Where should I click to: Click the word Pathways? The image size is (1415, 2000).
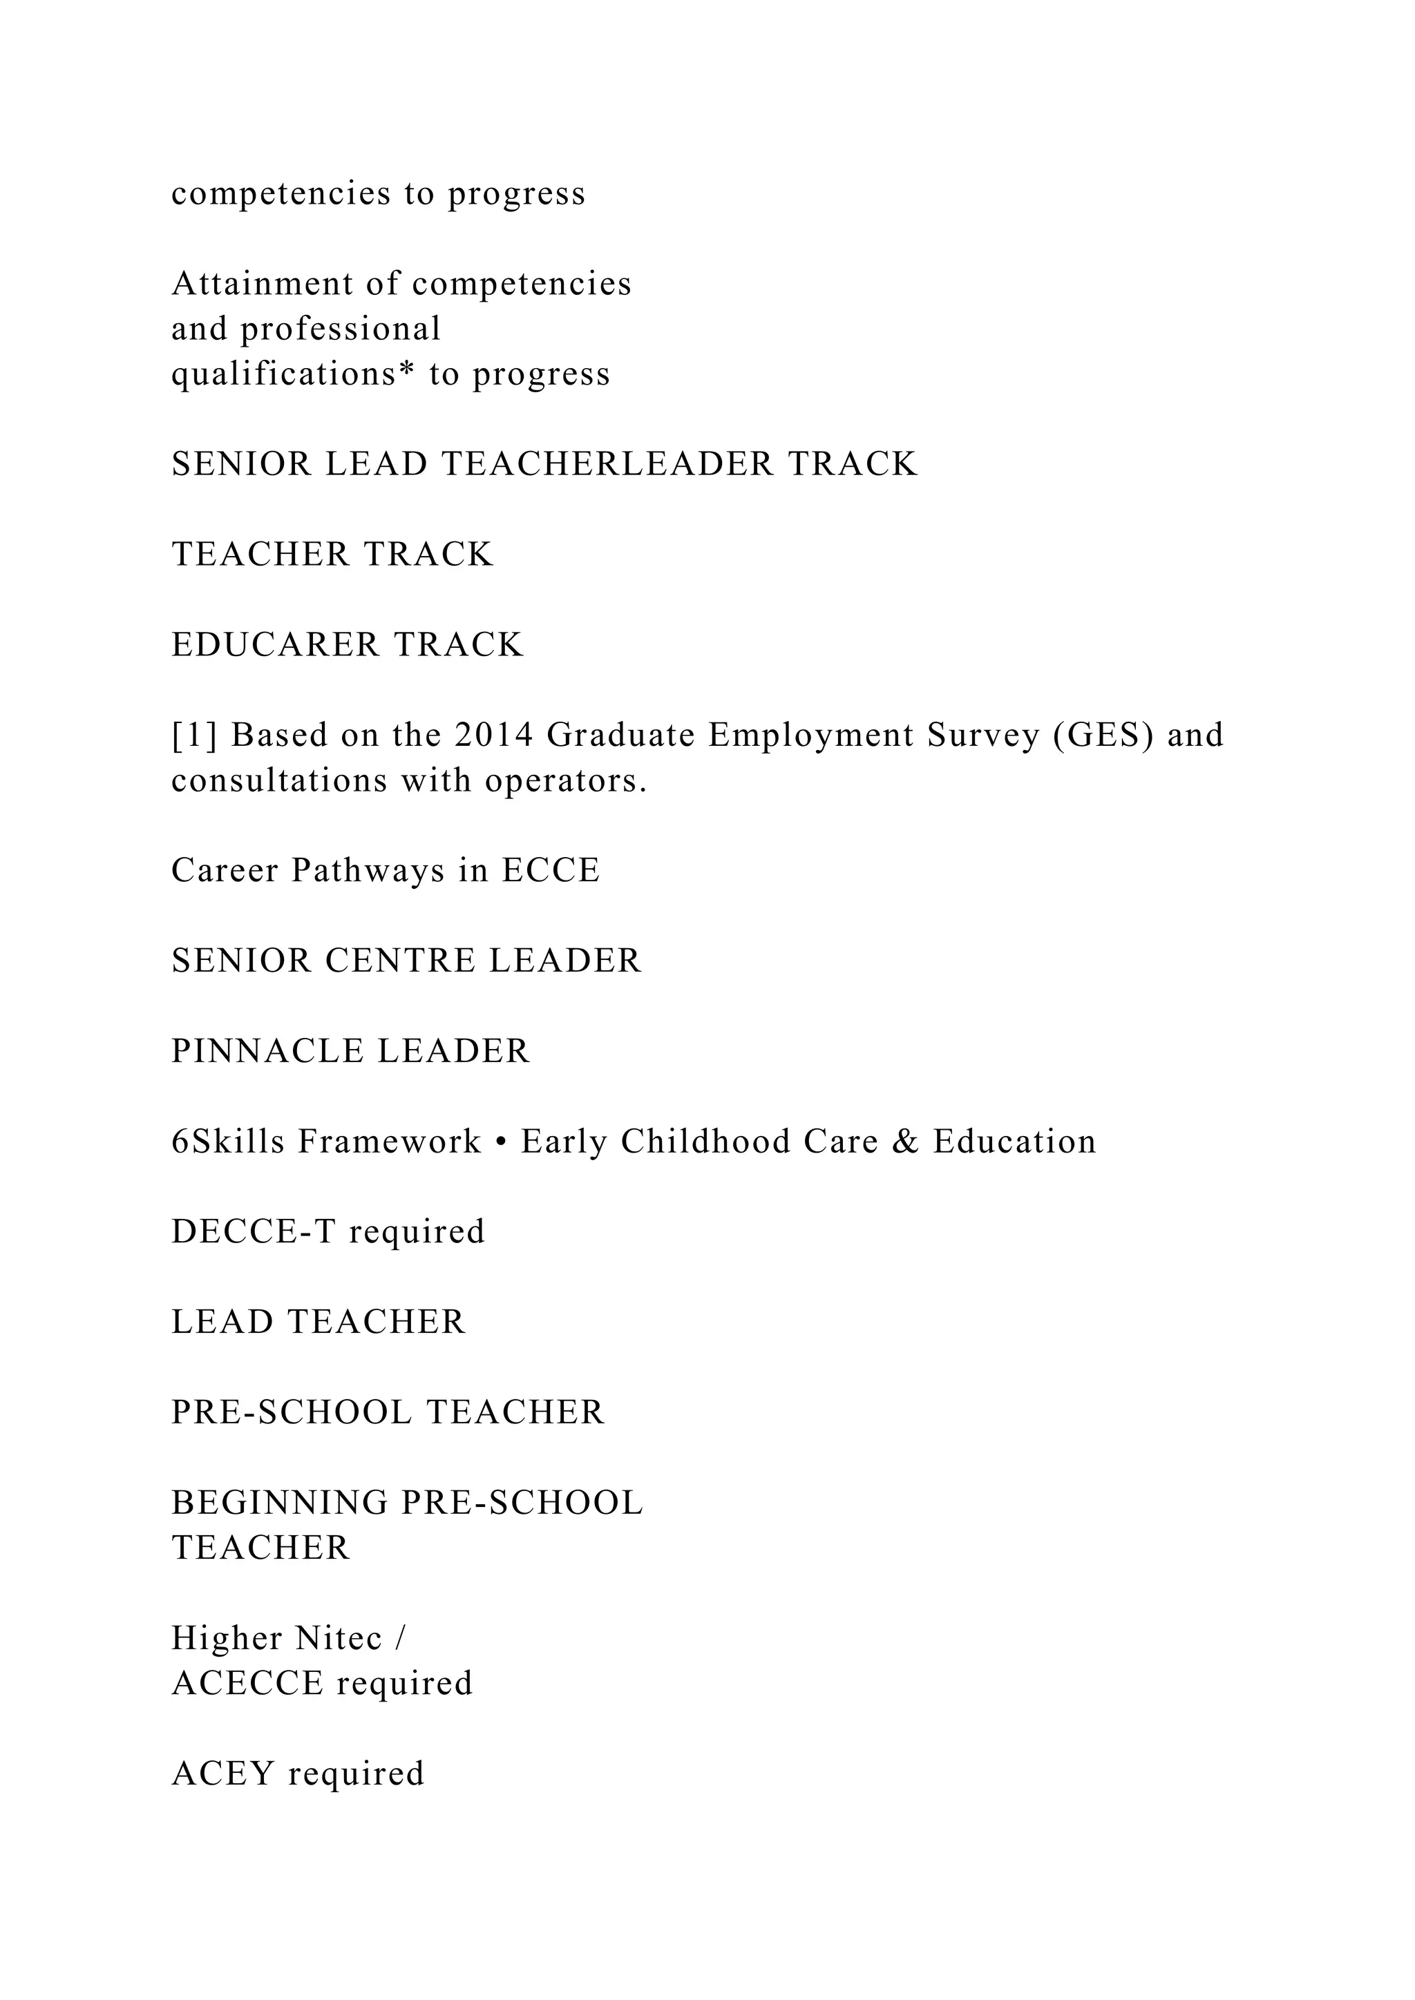pyautogui.click(x=368, y=870)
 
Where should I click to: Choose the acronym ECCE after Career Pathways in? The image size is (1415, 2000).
pyautogui.click(x=551, y=870)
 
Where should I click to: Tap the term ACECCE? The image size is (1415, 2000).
pyautogui.click(x=247, y=1684)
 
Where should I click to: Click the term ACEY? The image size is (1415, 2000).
pyautogui.click(x=224, y=1773)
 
